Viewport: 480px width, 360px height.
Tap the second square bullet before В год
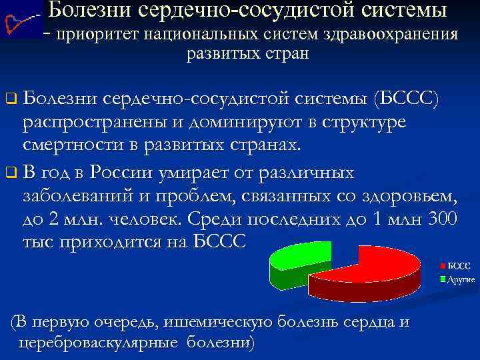[x=10, y=174]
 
